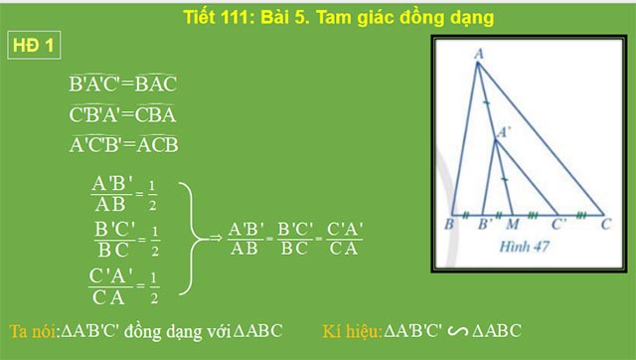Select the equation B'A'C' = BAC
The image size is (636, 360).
[x=122, y=85]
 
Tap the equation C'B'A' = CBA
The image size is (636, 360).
[x=122, y=114]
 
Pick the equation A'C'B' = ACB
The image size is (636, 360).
[x=123, y=144]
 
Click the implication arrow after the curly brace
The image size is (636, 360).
[x=211, y=238]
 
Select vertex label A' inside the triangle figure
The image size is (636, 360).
[x=506, y=131]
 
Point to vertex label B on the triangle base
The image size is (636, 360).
[x=450, y=225]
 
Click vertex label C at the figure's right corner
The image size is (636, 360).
[x=605, y=225]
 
